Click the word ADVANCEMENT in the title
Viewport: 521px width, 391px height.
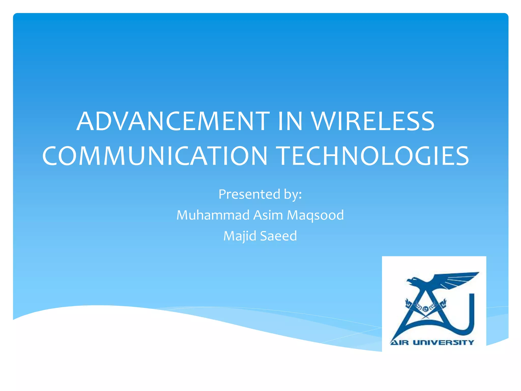pos(173,121)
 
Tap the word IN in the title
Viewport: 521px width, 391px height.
pos(290,121)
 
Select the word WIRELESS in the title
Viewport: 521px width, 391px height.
pos(373,121)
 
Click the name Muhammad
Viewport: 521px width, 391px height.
pos(213,215)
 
